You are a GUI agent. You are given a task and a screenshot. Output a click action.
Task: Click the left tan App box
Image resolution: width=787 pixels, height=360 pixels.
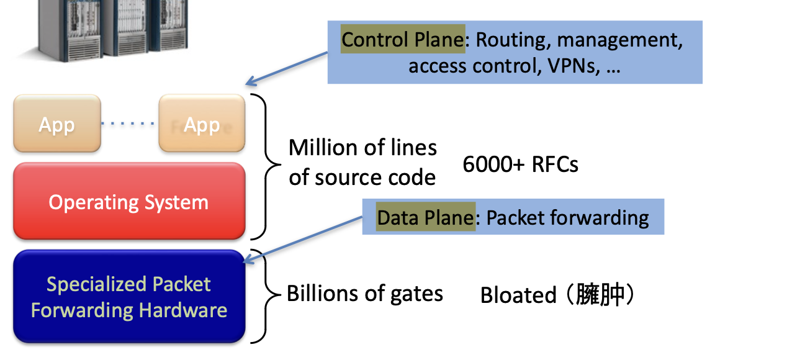(56, 124)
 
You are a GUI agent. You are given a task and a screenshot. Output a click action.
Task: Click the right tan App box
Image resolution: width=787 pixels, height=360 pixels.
(202, 124)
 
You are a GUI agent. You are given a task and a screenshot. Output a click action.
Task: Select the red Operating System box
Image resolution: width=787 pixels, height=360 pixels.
(128, 202)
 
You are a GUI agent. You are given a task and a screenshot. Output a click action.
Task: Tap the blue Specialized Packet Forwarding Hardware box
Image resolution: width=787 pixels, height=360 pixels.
(128, 297)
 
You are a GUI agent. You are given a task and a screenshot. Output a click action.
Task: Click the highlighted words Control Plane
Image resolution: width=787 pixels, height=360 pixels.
(402, 40)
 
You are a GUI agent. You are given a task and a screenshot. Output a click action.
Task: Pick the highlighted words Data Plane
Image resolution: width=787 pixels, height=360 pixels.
(425, 217)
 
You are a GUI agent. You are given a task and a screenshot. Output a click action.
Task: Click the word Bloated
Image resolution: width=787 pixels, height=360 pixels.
(518, 295)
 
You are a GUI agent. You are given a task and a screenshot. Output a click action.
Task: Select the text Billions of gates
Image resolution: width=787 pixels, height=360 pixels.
(365, 293)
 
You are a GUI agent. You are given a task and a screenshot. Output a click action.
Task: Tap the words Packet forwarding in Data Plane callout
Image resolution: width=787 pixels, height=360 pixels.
(567, 217)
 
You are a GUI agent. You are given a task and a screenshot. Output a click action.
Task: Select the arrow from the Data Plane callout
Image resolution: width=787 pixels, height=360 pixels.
(304, 239)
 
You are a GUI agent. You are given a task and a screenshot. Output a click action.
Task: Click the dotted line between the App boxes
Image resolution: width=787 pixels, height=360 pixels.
(129, 124)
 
